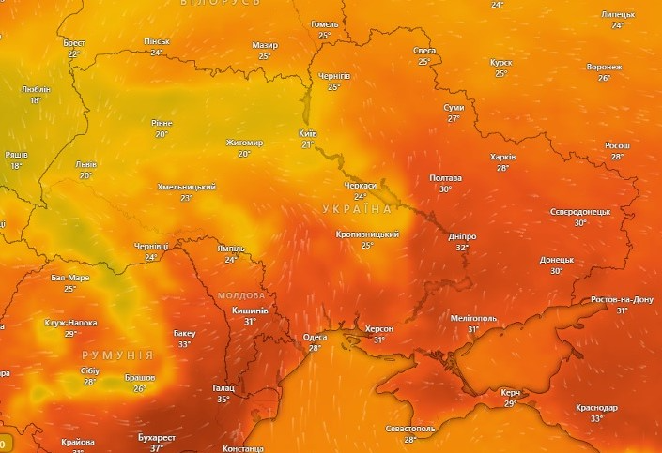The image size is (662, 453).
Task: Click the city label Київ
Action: [x=308, y=133]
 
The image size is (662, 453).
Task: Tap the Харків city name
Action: [x=503, y=157]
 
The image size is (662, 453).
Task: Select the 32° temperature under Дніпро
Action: [x=462, y=248]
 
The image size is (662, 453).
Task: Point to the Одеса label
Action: [x=316, y=337]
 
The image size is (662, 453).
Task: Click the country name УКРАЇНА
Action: [x=356, y=208]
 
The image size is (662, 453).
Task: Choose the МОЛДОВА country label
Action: [x=241, y=295]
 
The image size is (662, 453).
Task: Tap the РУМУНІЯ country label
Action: [x=117, y=355]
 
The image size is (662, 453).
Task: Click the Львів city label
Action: [x=85, y=164]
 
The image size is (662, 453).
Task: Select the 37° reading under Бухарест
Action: [x=157, y=448]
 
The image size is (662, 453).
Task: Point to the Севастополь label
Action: [x=410, y=428]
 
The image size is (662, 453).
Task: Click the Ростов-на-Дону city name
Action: [x=622, y=299]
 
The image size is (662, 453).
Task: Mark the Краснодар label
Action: [x=597, y=408]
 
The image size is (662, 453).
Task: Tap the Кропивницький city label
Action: [x=367, y=234]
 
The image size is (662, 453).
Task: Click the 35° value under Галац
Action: [x=223, y=399]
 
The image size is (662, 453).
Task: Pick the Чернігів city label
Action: [x=334, y=75]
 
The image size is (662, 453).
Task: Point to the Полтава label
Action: [x=445, y=177]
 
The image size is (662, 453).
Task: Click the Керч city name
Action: [x=511, y=392]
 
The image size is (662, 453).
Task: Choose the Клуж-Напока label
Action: [x=70, y=322]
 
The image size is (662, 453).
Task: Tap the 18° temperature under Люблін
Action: [x=36, y=100]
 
